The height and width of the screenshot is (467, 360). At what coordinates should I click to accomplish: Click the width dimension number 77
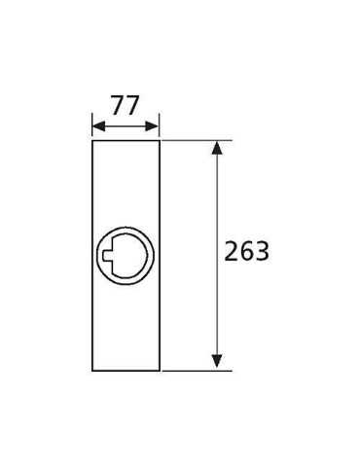pyautogui.click(x=126, y=105)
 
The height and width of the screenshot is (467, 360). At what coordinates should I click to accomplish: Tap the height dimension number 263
pyautogui.click(x=247, y=251)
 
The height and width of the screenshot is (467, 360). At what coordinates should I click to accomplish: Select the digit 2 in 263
pyautogui.click(x=232, y=251)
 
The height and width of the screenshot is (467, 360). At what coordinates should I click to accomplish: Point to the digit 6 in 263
pyautogui.click(x=247, y=251)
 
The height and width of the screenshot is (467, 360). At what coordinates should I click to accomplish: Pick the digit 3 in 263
pyautogui.click(x=262, y=251)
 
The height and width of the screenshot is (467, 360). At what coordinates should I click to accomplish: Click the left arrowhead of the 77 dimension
pyautogui.click(x=98, y=126)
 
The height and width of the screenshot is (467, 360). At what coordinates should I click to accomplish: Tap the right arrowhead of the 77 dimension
pyautogui.click(x=152, y=126)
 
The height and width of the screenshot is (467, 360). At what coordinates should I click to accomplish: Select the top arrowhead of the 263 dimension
pyautogui.click(x=217, y=148)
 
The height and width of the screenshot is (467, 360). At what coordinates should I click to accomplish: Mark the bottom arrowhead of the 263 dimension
pyautogui.click(x=217, y=361)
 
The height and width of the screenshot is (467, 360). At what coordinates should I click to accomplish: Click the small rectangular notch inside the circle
pyautogui.click(x=107, y=255)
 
